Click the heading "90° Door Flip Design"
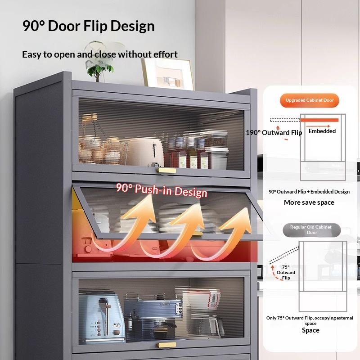88,26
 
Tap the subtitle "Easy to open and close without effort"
100,54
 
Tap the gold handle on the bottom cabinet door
167,345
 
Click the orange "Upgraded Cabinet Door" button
310,100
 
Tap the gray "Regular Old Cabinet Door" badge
311,230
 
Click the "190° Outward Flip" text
274,133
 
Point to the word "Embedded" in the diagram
322,131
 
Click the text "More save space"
309,202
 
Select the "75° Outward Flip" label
286,272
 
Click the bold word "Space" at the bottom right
310,330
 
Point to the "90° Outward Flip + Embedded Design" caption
309,192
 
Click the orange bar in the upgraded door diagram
319,120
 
